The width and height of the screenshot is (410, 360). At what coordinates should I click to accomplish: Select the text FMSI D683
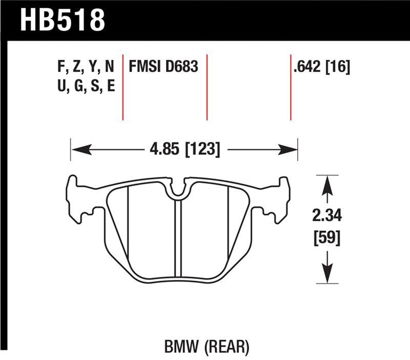[x=163, y=67]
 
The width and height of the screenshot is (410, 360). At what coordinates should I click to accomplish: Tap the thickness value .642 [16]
[x=321, y=67]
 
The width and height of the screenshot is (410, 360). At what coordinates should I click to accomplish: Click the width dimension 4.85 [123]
[x=183, y=150]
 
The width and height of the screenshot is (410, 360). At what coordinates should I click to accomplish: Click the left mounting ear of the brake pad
[x=77, y=200]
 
